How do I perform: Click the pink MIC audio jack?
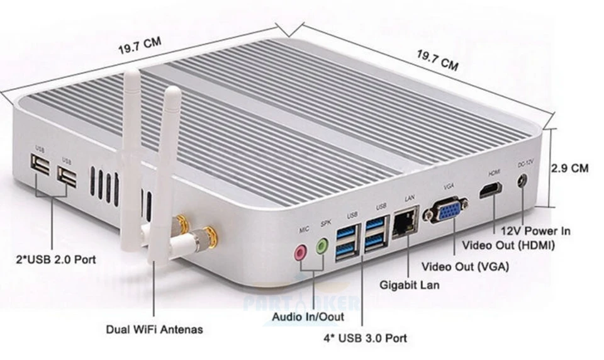point(301,251)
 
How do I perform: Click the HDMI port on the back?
point(490,190)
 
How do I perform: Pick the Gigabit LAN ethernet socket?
point(405,224)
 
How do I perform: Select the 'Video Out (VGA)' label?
point(465,267)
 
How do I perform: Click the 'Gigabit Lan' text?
point(410,285)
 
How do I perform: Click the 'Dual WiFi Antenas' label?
point(154,329)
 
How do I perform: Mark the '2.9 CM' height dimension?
point(570,169)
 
